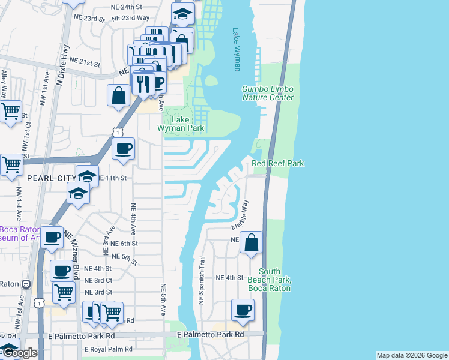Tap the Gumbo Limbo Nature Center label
pos(268,93)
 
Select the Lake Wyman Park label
pos(181,124)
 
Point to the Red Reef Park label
pos(278,163)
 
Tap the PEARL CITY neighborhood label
pos(51,178)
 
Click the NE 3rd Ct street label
pos(99,280)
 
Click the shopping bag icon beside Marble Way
pos(252,243)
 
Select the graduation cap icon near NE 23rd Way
pos(182,13)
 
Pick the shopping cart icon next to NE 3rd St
pos(64,293)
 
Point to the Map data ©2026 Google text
pos(412,355)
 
